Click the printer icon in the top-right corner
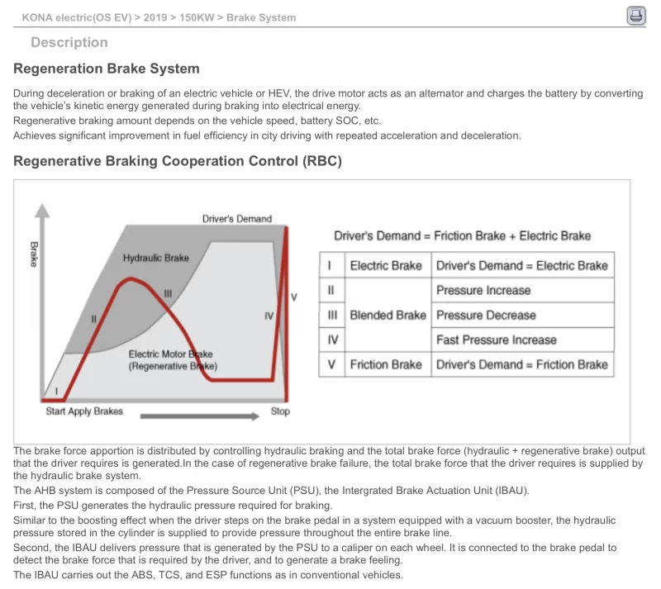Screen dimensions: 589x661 click(635, 16)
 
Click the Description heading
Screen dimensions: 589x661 click(69, 42)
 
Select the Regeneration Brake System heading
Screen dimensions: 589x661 click(107, 69)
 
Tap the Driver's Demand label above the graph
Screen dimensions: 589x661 click(236, 219)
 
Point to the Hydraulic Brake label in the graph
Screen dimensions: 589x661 click(155, 258)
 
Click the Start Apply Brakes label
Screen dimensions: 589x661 click(83, 411)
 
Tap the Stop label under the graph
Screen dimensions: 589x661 click(280, 411)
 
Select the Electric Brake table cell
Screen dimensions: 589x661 click(386, 265)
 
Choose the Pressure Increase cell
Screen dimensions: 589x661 click(483, 290)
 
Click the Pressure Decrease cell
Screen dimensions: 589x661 click(486, 315)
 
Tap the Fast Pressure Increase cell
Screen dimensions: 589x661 click(497, 340)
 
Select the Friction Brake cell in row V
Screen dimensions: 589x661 click(386, 364)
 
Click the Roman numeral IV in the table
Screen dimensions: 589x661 click(332, 340)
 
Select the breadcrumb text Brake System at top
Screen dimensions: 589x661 click(261, 17)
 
